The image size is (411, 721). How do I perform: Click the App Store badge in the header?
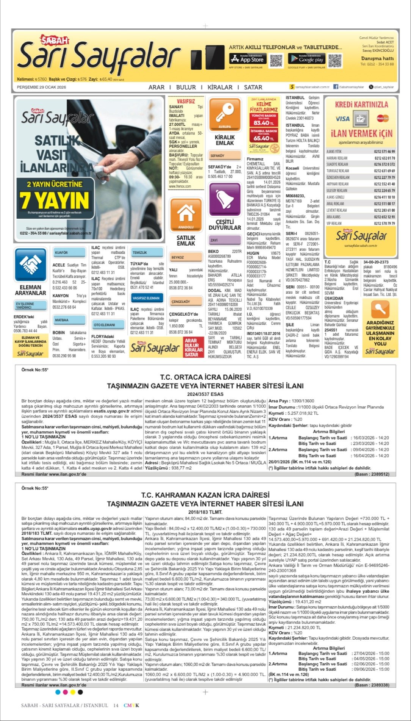[x=248, y=59]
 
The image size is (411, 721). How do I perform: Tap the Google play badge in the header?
[x=306, y=59]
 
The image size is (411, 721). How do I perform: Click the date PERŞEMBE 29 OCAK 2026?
[x=41, y=87]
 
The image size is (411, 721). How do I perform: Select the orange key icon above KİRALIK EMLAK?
[x=224, y=114]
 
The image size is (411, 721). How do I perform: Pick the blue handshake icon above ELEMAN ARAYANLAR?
[x=30, y=265]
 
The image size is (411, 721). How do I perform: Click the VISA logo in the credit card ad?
[x=342, y=119]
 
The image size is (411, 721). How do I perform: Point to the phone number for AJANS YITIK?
[x=384, y=151]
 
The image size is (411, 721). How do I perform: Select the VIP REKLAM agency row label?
[x=334, y=223]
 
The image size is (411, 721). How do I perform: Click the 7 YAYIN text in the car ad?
[x=54, y=200]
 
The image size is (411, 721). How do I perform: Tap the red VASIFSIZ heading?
[x=186, y=101]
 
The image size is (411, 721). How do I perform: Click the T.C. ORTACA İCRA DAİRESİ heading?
[x=205, y=377]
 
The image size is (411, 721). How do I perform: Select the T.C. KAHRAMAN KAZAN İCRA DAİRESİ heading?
[x=205, y=495]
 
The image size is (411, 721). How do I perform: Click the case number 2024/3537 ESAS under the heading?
[x=205, y=394]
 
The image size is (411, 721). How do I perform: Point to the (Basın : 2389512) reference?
[x=372, y=474]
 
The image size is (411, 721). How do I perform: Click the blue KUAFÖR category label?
[x=62, y=252]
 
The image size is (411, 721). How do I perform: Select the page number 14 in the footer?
[x=116, y=705]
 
